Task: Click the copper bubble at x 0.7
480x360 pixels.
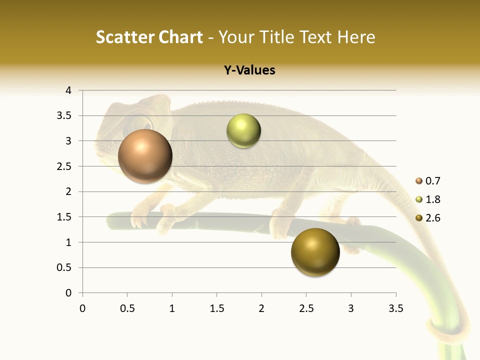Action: click(x=145, y=156)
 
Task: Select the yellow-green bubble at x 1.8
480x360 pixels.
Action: click(x=243, y=131)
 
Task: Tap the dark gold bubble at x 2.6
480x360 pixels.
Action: click(x=315, y=252)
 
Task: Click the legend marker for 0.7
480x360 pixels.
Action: click(x=419, y=181)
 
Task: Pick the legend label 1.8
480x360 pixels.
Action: click(x=432, y=199)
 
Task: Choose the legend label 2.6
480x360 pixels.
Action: click(x=432, y=218)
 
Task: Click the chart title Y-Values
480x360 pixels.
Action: click(x=249, y=70)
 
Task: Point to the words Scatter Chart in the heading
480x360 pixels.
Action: click(x=149, y=37)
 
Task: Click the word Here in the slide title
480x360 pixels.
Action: click(x=355, y=37)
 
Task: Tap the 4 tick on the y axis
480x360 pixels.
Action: click(x=68, y=90)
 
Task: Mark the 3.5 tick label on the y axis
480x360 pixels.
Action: click(x=64, y=116)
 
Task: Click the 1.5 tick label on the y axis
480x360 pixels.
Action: click(x=64, y=217)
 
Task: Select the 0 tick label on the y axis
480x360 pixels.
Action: click(x=68, y=293)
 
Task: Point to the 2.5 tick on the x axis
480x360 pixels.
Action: click(x=306, y=308)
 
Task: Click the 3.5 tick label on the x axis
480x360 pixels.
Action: click(x=395, y=308)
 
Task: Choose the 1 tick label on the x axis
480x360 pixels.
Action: click(x=172, y=308)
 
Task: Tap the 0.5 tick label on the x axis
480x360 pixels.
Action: click(x=127, y=308)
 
